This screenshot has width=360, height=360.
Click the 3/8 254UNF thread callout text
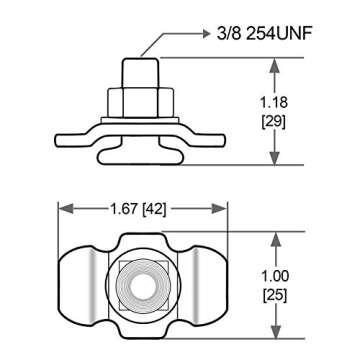(x=264, y=34)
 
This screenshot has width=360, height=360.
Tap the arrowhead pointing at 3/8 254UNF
(x=206, y=34)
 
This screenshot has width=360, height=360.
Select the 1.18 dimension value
(x=274, y=103)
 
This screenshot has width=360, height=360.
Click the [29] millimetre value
(x=274, y=122)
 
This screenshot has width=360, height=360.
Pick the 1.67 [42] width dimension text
(x=138, y=209)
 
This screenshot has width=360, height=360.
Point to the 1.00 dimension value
(x=275, y=276)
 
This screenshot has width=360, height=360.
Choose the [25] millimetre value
(x=275, y=296)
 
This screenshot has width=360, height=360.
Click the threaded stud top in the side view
(x=140, y=73)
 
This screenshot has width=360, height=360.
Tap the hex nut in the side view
(x=140, y=102)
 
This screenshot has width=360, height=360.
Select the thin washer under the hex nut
(x=140, y=120)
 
